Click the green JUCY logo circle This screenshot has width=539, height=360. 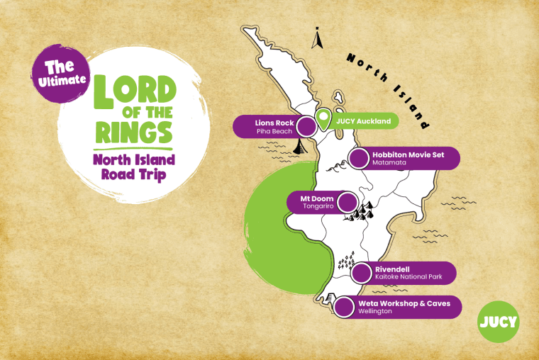tap(498, 322)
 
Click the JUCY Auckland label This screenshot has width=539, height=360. tap(363, 122)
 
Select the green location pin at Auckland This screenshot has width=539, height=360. tap(324, 119)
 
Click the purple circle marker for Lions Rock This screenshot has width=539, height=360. tap(306, 127)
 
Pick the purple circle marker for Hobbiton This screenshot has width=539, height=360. tap(361, 159)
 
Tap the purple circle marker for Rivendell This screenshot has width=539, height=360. tap(362, 273)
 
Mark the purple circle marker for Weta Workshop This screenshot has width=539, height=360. tap(344, 308)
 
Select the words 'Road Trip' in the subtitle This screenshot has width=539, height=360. tap(133, 173)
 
